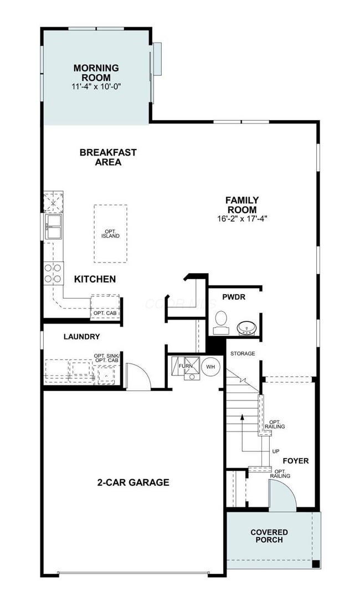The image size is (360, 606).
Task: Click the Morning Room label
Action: click(96, 73)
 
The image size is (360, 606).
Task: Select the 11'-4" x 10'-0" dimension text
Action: click(96, 87)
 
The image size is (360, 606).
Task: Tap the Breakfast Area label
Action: click(100, 157)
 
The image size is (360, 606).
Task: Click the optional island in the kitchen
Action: click(110, 234)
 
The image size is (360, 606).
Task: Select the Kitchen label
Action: click(95, 279)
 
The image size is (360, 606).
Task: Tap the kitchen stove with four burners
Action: click(53, 272)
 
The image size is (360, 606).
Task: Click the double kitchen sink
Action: click(54, 227)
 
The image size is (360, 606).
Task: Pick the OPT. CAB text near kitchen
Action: click(105, 314)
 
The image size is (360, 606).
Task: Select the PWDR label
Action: click(234, 297)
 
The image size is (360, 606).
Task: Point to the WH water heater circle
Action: click(210, 367)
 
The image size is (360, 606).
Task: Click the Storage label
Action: click(243, 353)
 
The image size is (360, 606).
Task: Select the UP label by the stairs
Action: click(275, 451)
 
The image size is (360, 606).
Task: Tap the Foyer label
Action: click(295, 460)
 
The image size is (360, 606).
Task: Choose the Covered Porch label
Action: click(269, 536)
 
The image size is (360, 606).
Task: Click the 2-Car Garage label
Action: click(133, 482)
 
